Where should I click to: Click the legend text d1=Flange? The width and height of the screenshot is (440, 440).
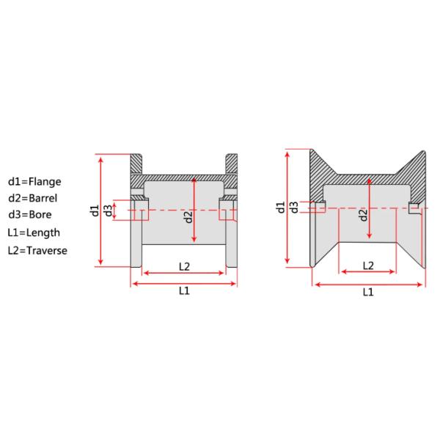click(34, 180)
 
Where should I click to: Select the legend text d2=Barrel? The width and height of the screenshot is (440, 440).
click(33, 197)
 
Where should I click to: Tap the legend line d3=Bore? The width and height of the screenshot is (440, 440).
click(31, 215)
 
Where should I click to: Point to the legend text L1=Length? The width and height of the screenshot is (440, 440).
click(34, 232)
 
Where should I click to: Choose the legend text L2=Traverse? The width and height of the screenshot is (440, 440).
click(37, 250)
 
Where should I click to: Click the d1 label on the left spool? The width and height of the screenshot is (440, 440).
click(94, 211)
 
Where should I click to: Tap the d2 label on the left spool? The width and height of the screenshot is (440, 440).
click(188, 216)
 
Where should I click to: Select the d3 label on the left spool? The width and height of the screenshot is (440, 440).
click(108, 211)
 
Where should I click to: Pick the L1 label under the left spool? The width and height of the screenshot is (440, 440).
click(184, 290)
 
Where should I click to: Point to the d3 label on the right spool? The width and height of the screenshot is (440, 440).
click(293, 208)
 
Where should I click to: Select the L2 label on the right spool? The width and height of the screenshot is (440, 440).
click(368, 265)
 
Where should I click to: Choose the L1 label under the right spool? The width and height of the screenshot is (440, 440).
click(368, 291)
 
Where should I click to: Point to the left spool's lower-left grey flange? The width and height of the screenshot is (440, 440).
click(136, 246)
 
